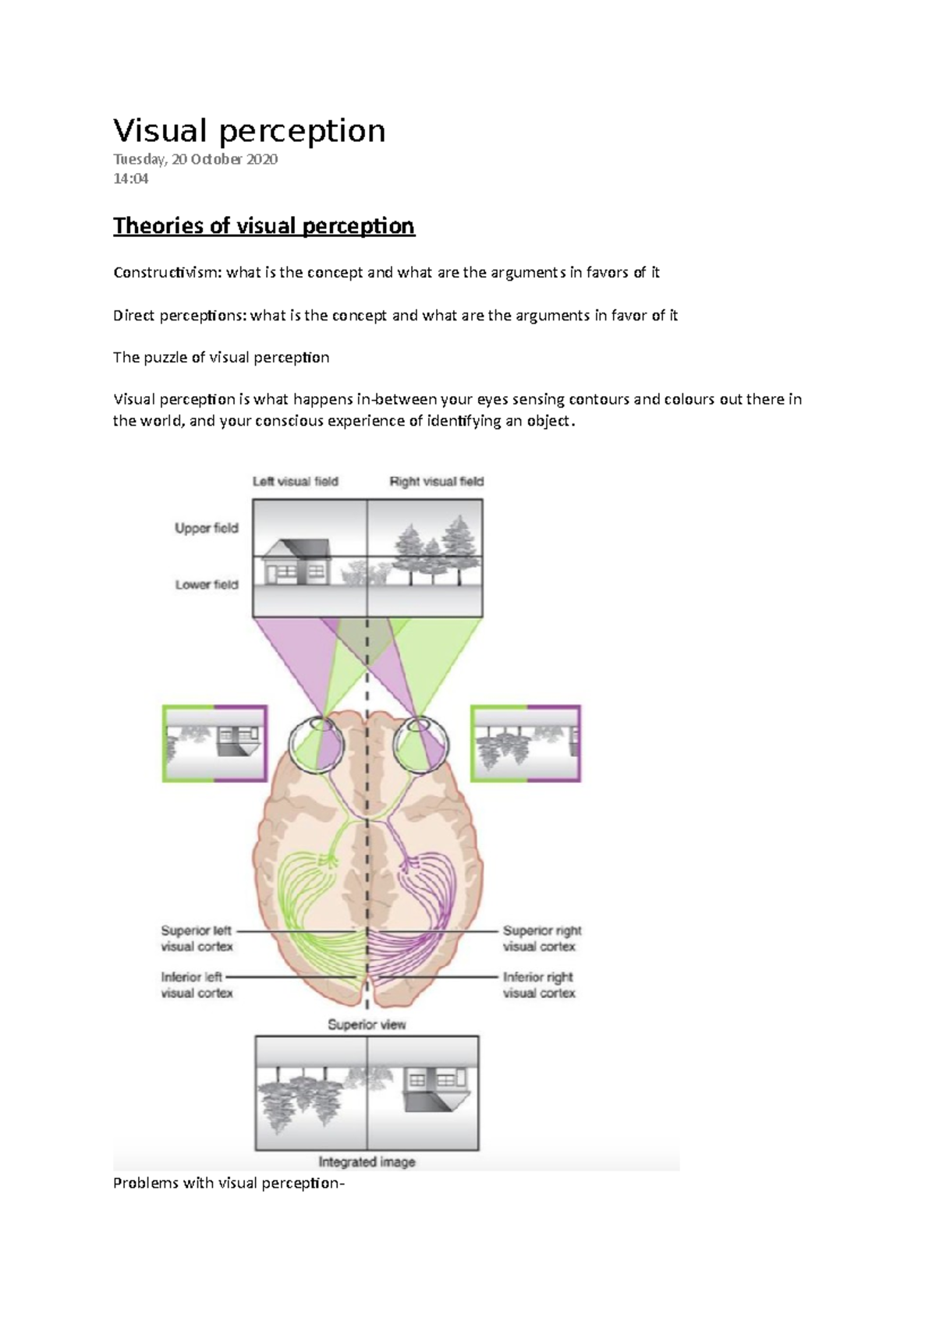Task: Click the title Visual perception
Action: point(249,131)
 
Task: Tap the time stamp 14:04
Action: point(130,179)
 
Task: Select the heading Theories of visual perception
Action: point(264,226)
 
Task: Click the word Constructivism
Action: point(167,273)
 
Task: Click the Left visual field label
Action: point(295,482)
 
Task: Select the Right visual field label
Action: point(436,482)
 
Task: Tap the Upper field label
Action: point(206,529)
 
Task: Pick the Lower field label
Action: point(206,585)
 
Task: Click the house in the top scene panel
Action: point(295,561)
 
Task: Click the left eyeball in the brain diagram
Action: point(315,745)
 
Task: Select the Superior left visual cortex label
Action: point(197,939)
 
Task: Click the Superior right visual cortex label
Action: point(541,939)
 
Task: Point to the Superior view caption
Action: point(367,1025)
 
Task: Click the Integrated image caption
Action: point(367,1162)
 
